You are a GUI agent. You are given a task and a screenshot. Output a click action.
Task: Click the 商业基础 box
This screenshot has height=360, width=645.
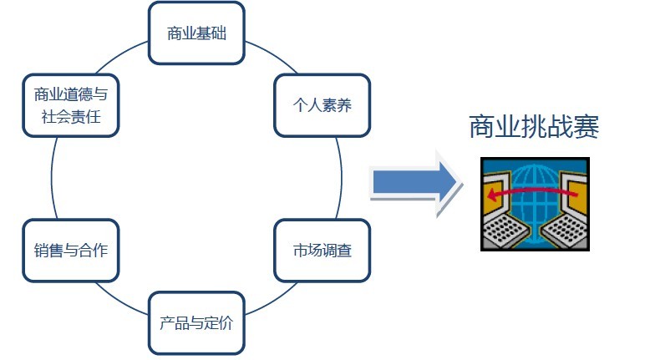point(196,33)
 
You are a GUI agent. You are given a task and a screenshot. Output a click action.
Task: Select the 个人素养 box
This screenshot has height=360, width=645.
point(322,105)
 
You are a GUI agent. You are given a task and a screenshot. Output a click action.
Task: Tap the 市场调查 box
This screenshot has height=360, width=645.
point(322,251)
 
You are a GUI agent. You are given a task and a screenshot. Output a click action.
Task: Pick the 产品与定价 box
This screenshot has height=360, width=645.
point(196,323)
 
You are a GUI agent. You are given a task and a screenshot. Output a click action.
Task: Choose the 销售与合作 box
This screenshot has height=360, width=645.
point(71,251)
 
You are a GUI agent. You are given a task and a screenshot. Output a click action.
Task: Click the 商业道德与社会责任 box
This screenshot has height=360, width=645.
point(71,105)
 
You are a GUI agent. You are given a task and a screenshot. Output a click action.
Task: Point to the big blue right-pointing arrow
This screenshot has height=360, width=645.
point(415,182)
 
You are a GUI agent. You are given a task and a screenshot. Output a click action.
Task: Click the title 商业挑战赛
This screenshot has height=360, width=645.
point(534,127)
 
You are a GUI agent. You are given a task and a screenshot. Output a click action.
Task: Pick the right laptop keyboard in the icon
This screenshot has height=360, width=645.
point(565,231)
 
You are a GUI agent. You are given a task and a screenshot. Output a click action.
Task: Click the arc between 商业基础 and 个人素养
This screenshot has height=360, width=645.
point(272,55)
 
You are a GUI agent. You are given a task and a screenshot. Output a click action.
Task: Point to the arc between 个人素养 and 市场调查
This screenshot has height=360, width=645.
point(342,178)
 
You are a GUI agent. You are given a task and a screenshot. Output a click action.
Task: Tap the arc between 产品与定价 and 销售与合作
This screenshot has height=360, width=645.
point(120,301)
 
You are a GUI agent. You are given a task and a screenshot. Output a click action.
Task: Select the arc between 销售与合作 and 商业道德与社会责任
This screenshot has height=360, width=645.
point(52,178)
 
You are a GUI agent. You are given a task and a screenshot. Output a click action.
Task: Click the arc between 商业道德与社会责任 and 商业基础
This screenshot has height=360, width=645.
point(120,55)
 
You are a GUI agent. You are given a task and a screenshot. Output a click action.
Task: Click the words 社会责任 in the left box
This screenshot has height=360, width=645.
point(71,117)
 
